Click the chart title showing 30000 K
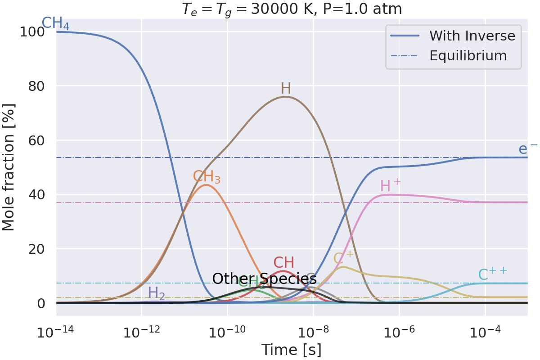click(292, 9)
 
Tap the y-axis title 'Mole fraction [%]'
click(9, 167)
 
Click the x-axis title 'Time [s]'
click(291, 350)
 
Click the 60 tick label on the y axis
click(36, 140)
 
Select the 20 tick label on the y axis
click(36, 249)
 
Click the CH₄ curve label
click(55, 23)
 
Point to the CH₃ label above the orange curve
click(207, 176)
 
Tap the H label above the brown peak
click(286, 89)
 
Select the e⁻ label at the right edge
click(528, 149)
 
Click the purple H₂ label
click(156, 293)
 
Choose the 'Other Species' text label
click(264, 279)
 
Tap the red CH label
click(283, 263)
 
